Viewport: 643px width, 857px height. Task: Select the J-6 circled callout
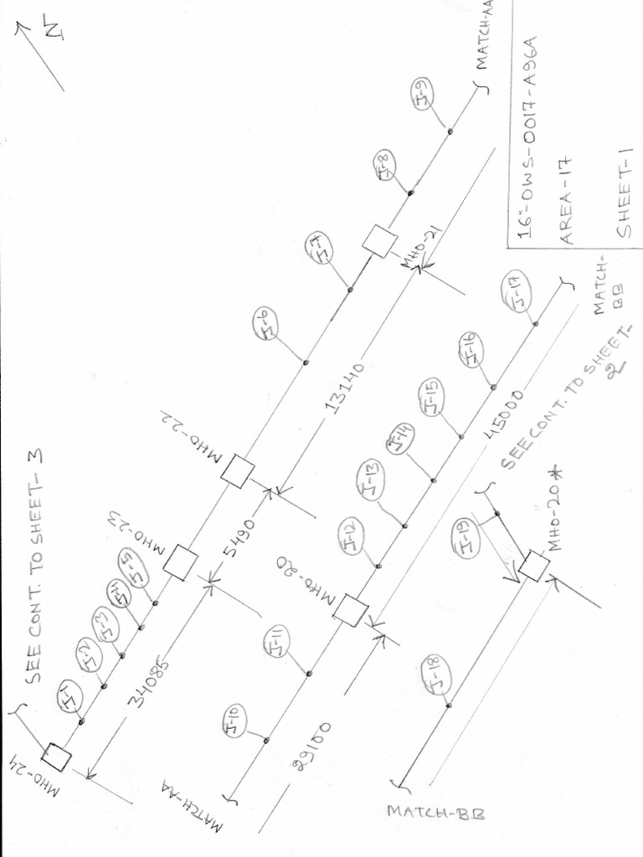(x=265, y=323)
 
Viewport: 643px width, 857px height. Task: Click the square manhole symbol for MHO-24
(x=56, y=758)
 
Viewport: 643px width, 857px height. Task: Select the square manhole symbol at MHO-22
(x=238, y=470)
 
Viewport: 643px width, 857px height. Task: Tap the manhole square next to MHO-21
(x=380, y=241)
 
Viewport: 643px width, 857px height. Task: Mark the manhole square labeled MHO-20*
(x=533, y=567)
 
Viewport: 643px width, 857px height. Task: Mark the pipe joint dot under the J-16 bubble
(x=493, y=387)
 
